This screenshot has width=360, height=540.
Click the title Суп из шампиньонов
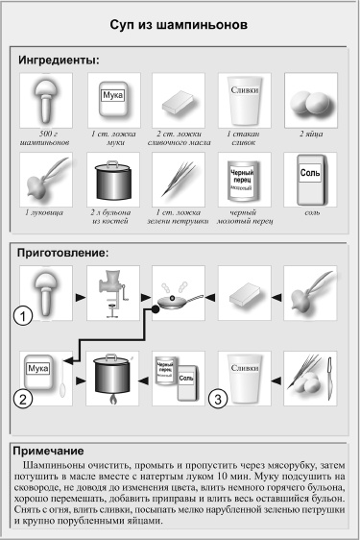coord(180,20)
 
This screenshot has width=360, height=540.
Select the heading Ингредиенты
coord(60,61)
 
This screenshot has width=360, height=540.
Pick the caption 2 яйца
coord(309,137)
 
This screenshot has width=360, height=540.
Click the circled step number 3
coord(217,396)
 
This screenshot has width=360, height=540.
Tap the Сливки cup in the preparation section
coord(243,375)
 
